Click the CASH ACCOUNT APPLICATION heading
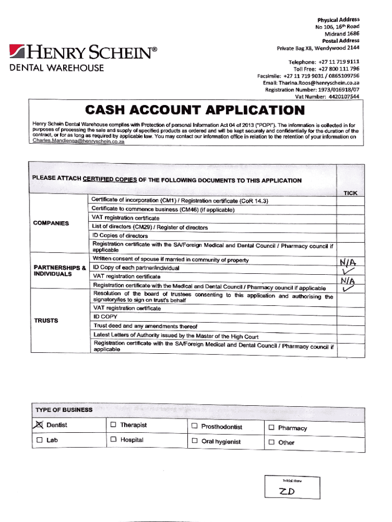point(195,110)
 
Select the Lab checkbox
point(39,439)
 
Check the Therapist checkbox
point(113,425)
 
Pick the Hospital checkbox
point(113,439)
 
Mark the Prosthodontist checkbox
point(194,426)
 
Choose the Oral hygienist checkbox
point(194,441)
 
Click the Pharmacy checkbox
point(271,427)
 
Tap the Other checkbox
point(271,442)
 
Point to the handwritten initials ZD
point(287,491)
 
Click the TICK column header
point(350,193)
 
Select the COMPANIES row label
point(51,223)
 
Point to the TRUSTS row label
point(46,321)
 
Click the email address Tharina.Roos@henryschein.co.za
point(319,83)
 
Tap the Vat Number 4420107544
point(344,96)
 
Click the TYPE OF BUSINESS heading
point(64,410)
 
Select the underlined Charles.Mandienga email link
point(78,142)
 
